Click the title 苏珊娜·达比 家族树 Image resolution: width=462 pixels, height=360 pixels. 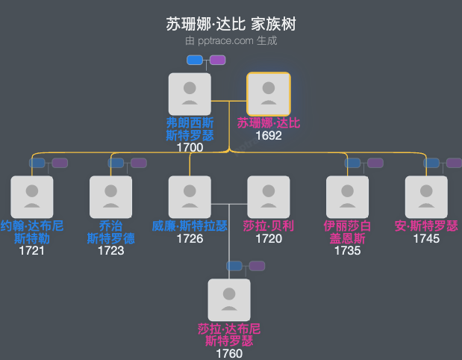click(x=231, y=24)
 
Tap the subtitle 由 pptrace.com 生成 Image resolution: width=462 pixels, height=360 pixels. click(x=231, y=40)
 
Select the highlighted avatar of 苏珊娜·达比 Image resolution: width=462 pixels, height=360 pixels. click(x=269, y=94)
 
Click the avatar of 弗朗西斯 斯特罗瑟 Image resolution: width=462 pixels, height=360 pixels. click(x=190, y=94)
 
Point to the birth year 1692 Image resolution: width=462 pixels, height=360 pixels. click(x=269, y=136)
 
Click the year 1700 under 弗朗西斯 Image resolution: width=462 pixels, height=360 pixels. click(x=190, y=147)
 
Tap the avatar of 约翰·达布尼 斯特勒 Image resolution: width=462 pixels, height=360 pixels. click(x=32, y=197)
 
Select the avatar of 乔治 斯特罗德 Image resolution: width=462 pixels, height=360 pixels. click(x=110, y=197)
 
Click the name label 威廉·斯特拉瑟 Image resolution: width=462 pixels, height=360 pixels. click(x=190, y=226)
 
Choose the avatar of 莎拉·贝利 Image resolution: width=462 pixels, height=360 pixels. click(x=269, y=197)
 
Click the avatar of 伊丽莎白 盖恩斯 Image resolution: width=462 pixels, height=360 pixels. click(x=347, y=197)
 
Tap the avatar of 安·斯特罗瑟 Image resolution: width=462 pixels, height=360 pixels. click(x=426, y=197)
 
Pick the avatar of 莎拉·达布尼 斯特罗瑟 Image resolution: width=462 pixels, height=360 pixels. click(x=229, y=300)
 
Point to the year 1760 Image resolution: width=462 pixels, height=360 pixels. click(x=229, y=353)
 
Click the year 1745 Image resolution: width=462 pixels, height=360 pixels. click(x=426, y=239)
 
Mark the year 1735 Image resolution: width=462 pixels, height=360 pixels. click(x=347, y=250)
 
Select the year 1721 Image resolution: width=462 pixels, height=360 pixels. click(x=32, y=250)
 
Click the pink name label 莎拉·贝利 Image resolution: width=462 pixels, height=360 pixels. click(x=269, y=226)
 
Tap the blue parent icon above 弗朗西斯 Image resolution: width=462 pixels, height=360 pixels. click(x=195, y=60)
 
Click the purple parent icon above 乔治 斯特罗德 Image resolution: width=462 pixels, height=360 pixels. click(x=139, y=163)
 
